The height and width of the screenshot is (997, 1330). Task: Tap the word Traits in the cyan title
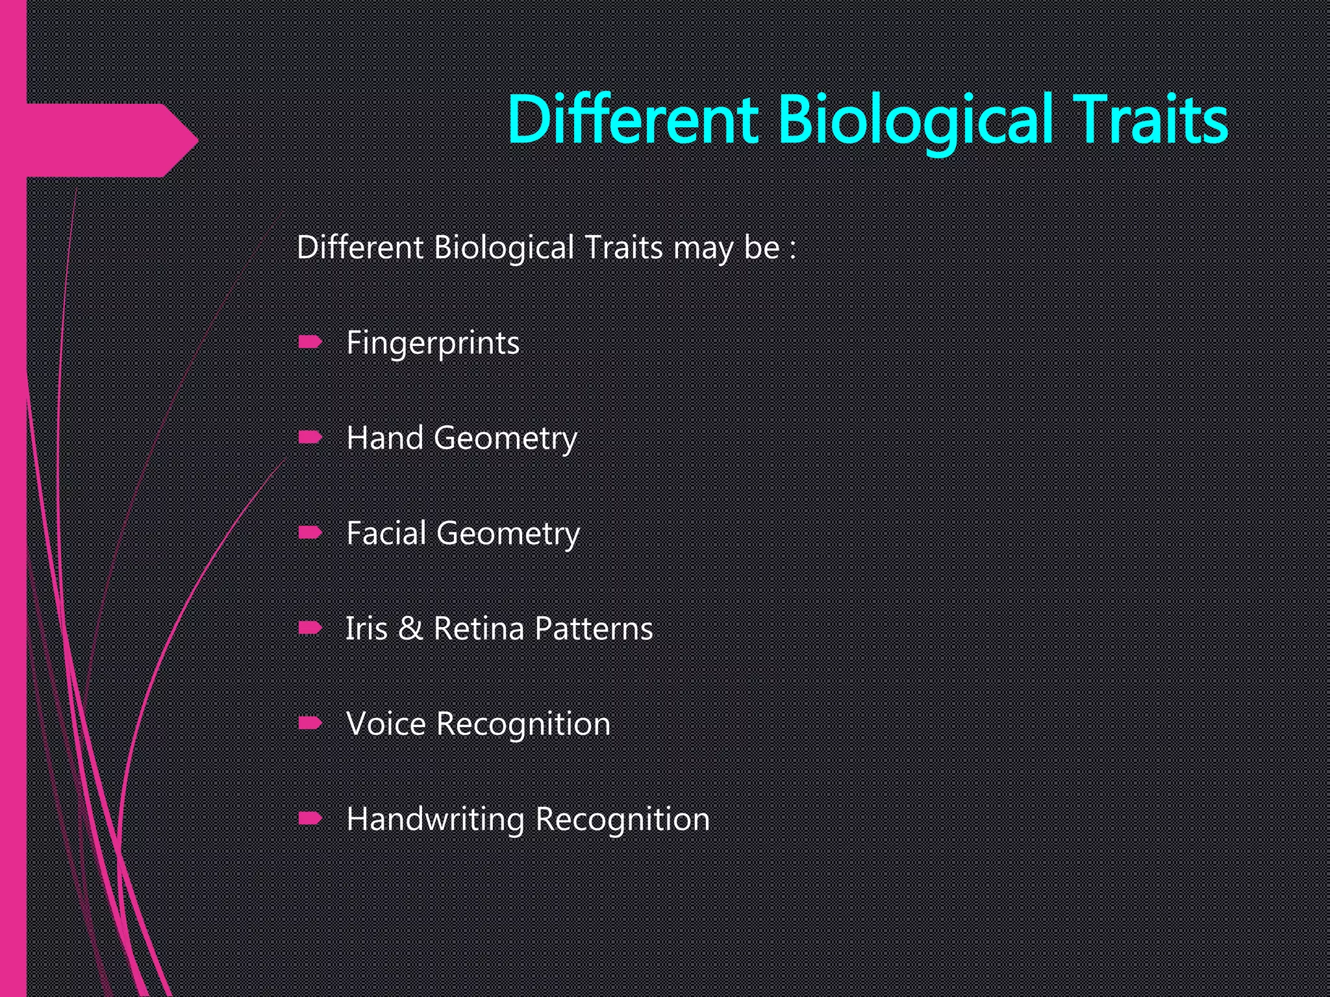(1151, 120)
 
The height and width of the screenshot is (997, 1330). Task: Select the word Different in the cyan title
(633, 120)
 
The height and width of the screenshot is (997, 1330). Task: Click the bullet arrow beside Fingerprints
(310, 342)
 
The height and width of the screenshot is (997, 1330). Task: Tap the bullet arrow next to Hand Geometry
(310, 437)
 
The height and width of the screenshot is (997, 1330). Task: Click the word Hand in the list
(384, 437)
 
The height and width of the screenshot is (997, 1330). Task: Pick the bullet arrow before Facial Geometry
(310, 533)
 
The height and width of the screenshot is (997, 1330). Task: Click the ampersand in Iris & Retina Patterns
(410, 628)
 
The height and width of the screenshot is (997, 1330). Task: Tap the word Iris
(366, 628)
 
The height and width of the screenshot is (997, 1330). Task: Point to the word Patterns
(594, 628)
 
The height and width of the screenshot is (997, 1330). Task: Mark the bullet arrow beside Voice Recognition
(310, 723)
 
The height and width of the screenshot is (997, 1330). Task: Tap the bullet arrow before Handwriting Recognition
(310, 819)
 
